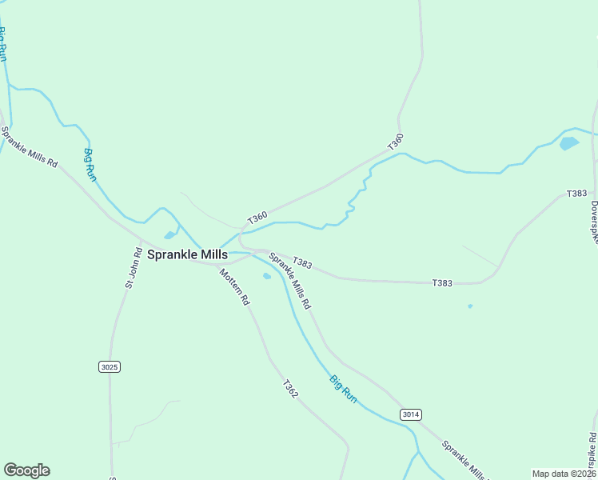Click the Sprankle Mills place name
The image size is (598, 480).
click(x=188, y=254)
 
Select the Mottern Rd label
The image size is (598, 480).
click(x=236, y=287)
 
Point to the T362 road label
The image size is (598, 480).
click(x=290, y=389)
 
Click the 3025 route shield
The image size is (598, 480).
click(x=110, y=366)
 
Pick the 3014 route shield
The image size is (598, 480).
click(x=410, y=414)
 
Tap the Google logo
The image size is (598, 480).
click(x=26, y=470)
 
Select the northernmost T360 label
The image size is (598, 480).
click(x=395, y=142)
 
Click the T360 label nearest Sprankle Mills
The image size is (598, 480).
click(x=257, y=216)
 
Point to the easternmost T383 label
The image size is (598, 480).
click(x=576, y=194)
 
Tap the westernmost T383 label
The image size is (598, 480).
click(x=301, y=262)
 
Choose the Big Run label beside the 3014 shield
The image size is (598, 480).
click(x=344, y=388)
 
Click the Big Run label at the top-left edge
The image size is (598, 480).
click(x=3, y=45)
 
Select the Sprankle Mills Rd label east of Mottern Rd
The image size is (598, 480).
click(x=290, y=281)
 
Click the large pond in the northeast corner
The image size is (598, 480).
click(x=569, y=143)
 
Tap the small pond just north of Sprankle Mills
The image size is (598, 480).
click(x=169, y=235)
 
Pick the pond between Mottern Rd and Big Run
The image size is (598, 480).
click(x=267, y=277)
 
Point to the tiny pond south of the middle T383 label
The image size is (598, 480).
click(x=470, y=306)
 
